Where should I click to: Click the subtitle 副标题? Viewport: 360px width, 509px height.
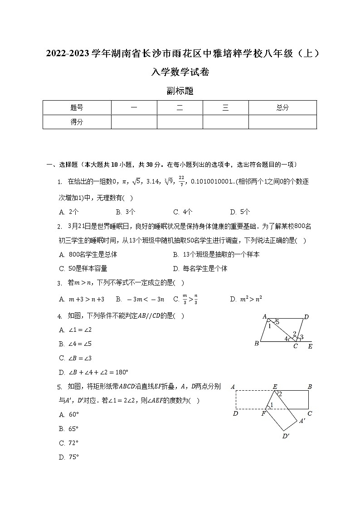point(180,91)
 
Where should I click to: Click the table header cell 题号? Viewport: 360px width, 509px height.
point(77,108)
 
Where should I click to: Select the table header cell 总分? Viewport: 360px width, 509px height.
point(282,108)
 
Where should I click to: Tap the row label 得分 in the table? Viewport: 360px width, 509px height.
point(77,122)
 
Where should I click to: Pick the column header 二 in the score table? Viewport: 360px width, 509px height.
point(180,108)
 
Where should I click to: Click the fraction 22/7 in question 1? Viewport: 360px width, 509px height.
point(181,181)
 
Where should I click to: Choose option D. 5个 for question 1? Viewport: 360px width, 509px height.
point(240,212)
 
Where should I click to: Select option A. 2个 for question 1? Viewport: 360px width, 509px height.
point(69,212)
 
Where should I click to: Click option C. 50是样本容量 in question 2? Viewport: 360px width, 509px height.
point(83,268)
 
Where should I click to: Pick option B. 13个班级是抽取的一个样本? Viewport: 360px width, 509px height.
point(216,255)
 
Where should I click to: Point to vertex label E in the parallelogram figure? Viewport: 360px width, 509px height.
point(310,347)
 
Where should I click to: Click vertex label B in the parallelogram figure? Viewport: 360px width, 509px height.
point(257,344)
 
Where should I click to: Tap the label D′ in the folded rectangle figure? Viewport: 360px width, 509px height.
point(286,436)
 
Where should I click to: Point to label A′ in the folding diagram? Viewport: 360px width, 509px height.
point(302,421)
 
